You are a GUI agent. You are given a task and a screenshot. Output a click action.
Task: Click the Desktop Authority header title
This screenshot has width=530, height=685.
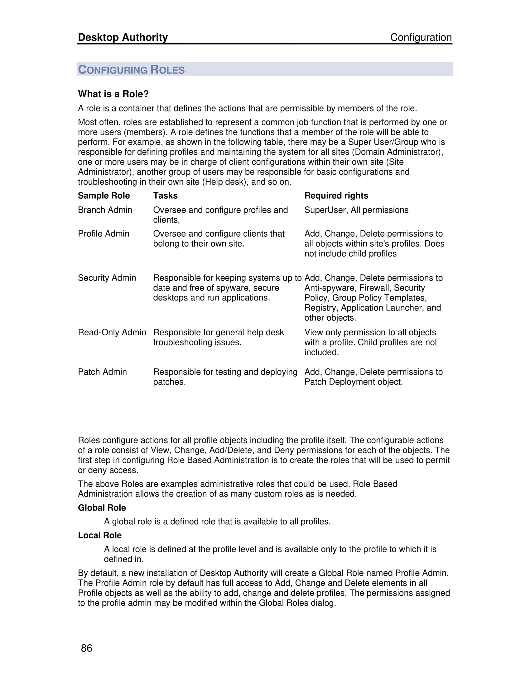123,37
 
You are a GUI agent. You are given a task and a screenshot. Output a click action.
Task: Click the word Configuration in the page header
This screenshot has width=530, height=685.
421,37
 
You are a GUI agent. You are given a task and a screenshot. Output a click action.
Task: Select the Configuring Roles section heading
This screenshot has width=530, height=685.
131,70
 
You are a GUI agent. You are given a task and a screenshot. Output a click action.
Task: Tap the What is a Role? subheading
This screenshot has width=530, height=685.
113,94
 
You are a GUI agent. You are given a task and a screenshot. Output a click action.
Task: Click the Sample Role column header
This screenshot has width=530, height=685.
104,196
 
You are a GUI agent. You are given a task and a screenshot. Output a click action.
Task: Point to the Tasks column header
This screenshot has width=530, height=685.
165,196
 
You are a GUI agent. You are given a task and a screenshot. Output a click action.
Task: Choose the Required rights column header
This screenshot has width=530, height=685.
336,196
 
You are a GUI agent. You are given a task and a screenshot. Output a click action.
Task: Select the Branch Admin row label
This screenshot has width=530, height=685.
105,210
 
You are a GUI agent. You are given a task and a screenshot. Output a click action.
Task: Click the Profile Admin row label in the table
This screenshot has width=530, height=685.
103,234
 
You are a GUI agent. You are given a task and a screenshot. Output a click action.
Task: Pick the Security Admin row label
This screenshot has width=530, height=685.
107,278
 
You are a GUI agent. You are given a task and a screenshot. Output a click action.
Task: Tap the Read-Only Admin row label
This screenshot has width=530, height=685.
112,332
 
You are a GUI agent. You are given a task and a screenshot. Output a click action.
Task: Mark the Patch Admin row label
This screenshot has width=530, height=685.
102,372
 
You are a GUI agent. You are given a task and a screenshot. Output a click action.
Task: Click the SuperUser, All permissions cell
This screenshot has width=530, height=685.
356,210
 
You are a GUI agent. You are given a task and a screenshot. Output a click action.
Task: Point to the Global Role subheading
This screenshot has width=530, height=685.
102,508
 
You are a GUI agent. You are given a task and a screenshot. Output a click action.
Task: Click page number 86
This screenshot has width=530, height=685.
86,648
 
